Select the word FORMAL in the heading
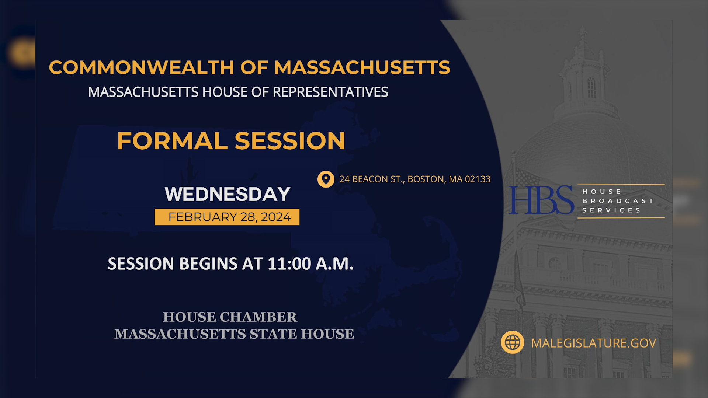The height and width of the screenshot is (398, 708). pyautogui.click(x=172, y=141)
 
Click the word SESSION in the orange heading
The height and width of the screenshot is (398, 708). pyautogui.click(x=290, y=141)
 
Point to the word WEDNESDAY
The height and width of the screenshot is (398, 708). pyautogui.click(x=228, y=194)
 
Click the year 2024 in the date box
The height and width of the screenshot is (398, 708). pyautogui.click(x=276, y=217)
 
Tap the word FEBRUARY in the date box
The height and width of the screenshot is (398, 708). pyautogui.click(x=202, y=217)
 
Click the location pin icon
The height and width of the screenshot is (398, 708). pyautogui.click(x=326, y=179)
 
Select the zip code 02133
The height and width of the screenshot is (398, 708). pyautogui.click(x=478, y=179)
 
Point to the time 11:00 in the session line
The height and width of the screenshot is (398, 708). pyautogui.click(x=289, y=264)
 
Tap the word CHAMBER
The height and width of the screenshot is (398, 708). pyautogui.click(x=258, y=317)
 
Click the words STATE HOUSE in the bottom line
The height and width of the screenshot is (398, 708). pyautogui.click(x=302, y=334)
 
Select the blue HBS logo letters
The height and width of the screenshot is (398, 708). pyautogui.click(x=541, y=200)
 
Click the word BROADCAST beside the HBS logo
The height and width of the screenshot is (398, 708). pyautogui.click(x=618, y=201)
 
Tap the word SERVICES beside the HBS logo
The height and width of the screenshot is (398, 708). pyautogui.click(x=611, y=210)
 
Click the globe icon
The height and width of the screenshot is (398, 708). pyautogui.click(x=512, y=342)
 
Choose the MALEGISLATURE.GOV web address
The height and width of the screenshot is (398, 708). pyautogui.click(x=593, y=343)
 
